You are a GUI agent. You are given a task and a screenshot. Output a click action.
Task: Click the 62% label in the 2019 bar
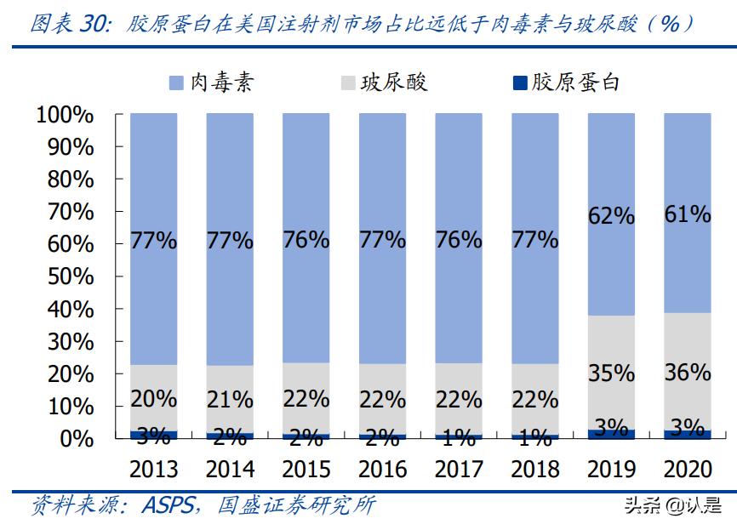click(611, 216)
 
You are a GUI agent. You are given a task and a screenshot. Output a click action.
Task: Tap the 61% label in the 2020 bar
click(688, 214)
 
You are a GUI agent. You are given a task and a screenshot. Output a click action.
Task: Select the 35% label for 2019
click(611, 373)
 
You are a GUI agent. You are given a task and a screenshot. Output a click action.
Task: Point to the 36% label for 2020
click(688, 372)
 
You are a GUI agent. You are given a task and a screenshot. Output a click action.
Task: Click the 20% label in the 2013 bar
click(154, 398)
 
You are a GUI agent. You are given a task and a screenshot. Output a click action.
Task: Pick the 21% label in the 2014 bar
click(230, 398)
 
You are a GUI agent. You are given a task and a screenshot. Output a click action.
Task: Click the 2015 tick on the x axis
click(306, 469)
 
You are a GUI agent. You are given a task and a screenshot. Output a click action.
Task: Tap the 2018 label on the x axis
click(535, 469)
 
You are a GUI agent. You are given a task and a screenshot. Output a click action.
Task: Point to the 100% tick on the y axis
click(64, 115)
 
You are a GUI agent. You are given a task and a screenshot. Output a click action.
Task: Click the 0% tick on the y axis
click(76, 439)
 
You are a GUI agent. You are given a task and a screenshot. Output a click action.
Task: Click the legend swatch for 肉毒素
click(176, 83)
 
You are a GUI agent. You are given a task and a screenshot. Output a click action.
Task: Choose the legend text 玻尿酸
click(394, 83)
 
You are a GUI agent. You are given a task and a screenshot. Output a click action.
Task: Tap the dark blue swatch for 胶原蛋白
click(518, 83)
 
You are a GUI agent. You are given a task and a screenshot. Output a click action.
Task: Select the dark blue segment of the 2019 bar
click(611, 434)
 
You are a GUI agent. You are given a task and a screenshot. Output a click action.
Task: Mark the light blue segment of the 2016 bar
click(382, 170)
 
